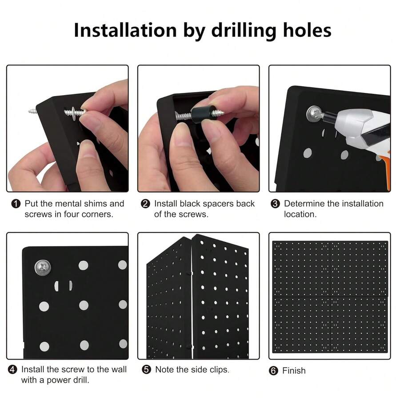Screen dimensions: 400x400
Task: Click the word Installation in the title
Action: (125, 30)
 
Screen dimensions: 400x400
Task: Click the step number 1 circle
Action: (16, 204)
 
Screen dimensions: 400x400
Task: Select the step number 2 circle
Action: (145, 204)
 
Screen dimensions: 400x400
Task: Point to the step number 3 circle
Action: (275, 204)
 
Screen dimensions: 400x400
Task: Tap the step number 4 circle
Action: (12, 369)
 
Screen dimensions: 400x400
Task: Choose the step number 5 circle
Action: (146, 369)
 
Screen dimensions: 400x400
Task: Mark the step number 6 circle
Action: (273, 371)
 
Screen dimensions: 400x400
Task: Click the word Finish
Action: (294, 371)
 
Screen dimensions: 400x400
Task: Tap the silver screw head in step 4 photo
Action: (43, 268)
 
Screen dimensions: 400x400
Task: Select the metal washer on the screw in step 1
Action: (74, 112)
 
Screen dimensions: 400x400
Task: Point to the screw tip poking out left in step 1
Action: (32, 111)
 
